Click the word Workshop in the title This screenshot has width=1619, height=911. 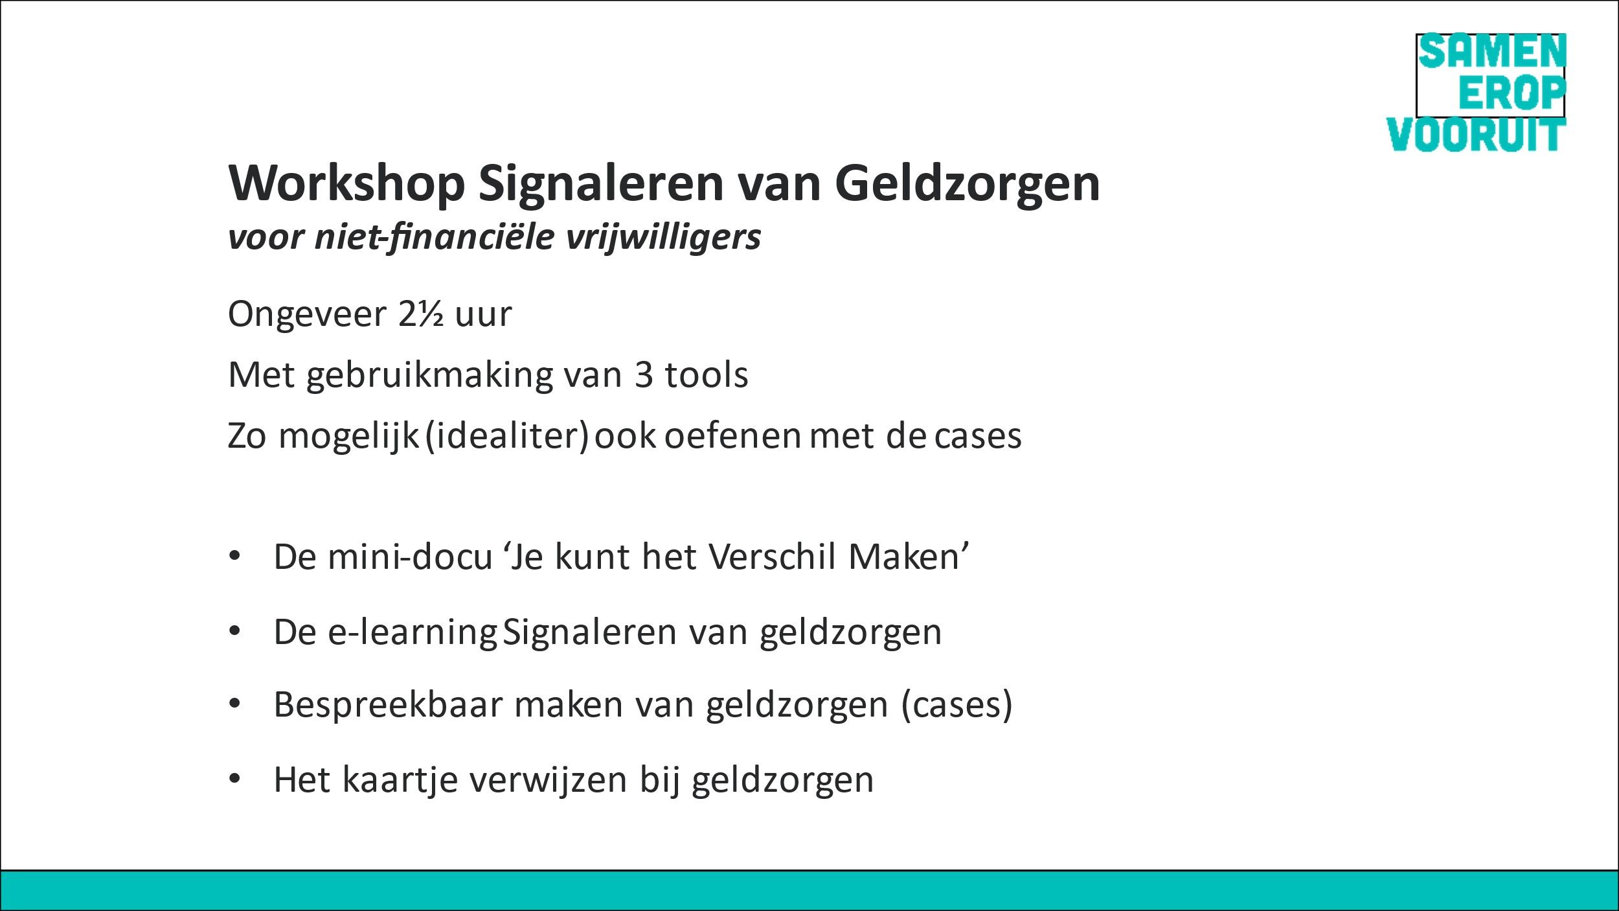pos(346,183)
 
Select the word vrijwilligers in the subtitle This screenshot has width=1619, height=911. pos(663,237)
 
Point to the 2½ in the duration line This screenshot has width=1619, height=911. pos(421,314)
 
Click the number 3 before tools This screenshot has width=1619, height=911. pos(643,375)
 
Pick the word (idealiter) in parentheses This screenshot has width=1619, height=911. pos(507,436)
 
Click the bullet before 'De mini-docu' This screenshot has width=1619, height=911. pos(234,557)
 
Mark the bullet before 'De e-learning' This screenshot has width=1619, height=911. pos(234,631)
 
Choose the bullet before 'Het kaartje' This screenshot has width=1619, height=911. pos(234,779)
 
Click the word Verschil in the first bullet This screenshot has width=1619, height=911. pos(773,557)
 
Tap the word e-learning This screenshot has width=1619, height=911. pos(413,632)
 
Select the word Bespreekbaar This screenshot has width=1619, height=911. pos(389,705)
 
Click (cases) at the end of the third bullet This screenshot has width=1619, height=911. pos(957,705)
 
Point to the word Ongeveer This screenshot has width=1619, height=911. pos(308,315)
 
